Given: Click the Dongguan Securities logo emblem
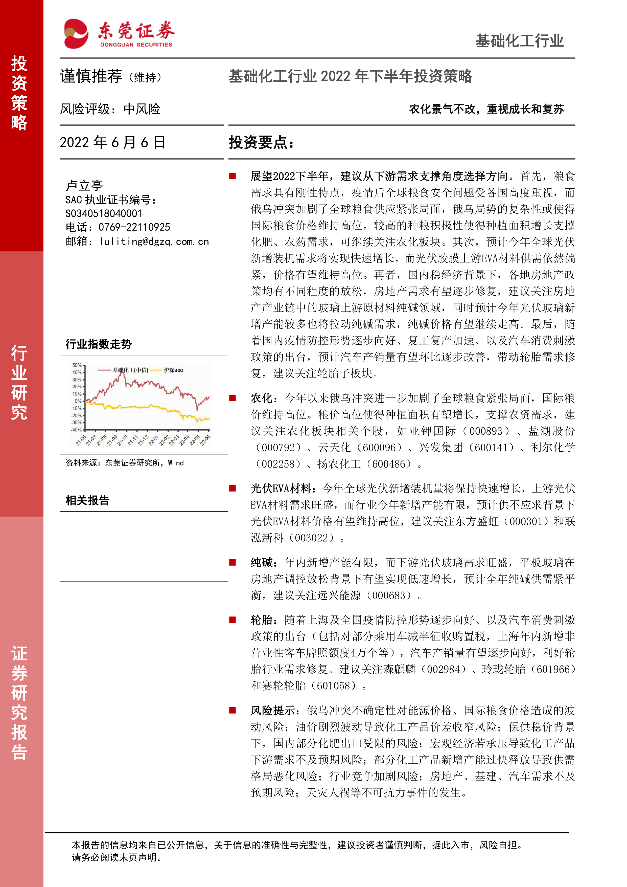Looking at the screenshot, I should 76,34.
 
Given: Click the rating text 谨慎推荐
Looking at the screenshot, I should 91,76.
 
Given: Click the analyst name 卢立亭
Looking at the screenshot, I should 84,185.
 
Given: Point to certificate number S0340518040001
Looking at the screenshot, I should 103,213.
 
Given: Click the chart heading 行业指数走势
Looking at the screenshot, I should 99,344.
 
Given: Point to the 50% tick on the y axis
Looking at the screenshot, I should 77,365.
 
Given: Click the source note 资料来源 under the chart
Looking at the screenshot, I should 124,463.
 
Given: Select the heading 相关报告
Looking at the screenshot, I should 87,500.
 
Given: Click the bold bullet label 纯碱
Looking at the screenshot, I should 262,563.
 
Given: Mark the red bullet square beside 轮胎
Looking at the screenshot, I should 233,620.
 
